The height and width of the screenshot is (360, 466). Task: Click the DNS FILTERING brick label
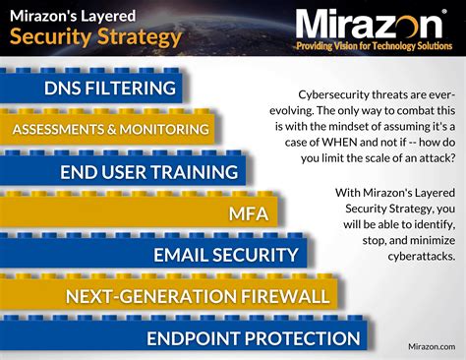110,89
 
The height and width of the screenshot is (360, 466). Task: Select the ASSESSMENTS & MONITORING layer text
110,130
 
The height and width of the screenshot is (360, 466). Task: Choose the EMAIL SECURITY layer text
225,256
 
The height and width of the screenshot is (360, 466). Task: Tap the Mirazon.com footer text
431,346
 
